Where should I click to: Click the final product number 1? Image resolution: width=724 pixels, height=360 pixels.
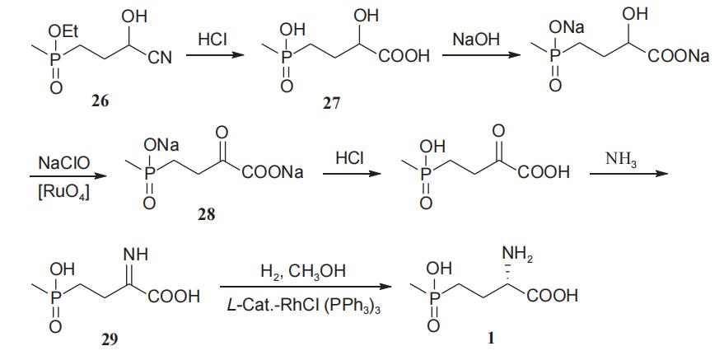[491, 339]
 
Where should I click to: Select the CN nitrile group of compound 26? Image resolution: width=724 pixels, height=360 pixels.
[161, 58]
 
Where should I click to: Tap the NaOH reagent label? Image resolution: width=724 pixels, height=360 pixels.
[475, 40]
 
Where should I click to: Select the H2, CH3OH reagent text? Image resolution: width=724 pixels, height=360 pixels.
[302, 272]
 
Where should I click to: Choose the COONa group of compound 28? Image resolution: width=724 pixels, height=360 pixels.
[272, 173]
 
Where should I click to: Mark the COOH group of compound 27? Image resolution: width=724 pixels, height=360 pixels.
[405, 57]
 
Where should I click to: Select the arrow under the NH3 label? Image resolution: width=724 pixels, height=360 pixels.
[629, 174]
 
